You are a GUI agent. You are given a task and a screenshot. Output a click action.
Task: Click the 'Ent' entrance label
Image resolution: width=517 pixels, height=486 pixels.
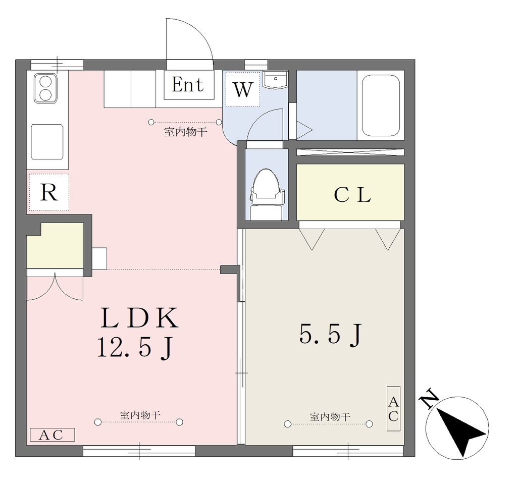[x=188, y=85]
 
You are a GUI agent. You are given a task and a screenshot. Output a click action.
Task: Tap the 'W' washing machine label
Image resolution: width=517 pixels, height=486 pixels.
[x=243, y=89]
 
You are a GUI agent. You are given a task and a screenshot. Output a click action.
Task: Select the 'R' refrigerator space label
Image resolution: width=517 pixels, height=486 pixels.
[x=49, y=192]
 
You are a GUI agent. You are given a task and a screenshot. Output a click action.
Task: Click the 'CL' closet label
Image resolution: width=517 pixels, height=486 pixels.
[x=352, y=195]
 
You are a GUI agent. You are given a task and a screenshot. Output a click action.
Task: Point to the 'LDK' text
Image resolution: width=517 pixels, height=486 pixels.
[x=139, y=317]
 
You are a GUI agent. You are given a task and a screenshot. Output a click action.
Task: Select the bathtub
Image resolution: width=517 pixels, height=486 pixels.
[x=381, y=105]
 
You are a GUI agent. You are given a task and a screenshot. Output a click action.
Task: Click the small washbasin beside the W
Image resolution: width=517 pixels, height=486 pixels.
[x=275, y=80]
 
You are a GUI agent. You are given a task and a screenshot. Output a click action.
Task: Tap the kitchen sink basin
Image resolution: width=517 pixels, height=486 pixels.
[x=47, y=142]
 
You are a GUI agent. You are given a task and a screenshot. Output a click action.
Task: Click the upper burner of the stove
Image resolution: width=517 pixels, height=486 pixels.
[x=46, y=81]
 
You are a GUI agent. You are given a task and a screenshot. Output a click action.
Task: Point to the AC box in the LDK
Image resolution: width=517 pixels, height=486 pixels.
[x=53, y=435]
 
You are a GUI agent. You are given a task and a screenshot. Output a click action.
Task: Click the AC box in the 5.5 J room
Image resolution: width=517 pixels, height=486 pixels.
[x=393, y=409]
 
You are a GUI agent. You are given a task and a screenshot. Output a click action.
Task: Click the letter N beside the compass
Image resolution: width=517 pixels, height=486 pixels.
[x=429, y=399]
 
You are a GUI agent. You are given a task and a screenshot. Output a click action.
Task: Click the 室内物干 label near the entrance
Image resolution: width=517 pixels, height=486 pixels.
[x=186, y=132]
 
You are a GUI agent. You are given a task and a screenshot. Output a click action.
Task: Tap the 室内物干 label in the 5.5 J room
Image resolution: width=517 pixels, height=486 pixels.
[x=330, y=417]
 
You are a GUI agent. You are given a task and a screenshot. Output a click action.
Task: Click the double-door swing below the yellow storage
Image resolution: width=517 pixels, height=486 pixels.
[x=55, y=287]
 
